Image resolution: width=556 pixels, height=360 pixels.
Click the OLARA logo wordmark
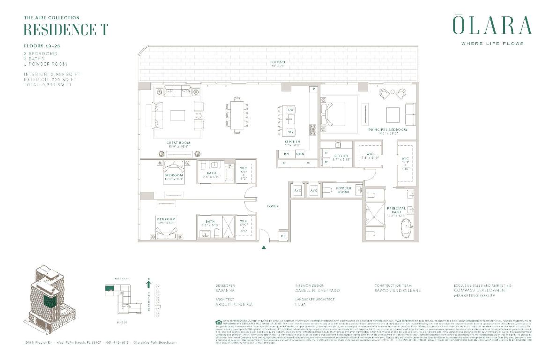pos(492,26)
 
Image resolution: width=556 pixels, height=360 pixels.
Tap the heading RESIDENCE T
pos(66,30)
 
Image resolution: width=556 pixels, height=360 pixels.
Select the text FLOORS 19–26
pos(42,46)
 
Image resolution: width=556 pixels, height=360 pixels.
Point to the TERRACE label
pos(277,62)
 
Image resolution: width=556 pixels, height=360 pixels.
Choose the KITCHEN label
pos(292,141)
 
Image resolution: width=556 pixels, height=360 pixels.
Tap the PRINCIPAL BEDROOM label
pos(387,130)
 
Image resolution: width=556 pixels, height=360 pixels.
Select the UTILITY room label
pos(341,156)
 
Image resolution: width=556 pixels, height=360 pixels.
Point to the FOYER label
pos(273,206)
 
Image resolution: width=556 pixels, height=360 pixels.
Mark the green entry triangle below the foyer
pos(264,247)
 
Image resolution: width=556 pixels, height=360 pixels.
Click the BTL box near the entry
pos(284,236)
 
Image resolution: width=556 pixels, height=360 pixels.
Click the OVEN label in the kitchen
pos(300,154)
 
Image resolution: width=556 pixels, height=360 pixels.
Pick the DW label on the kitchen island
pos(290,109)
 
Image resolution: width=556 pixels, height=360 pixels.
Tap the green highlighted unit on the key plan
pos(110,289)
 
